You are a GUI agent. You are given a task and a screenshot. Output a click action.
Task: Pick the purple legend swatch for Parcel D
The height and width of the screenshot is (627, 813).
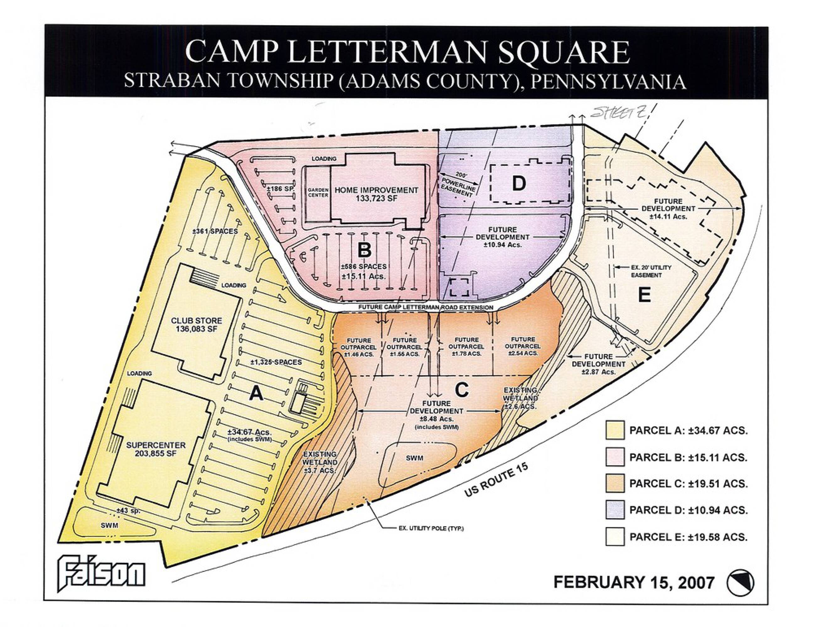615,510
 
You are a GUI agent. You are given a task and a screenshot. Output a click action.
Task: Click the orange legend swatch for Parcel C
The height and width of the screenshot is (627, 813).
615,483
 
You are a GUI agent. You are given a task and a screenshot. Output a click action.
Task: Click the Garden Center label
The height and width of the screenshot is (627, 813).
318,192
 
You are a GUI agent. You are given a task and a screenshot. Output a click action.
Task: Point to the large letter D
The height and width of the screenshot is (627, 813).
519,183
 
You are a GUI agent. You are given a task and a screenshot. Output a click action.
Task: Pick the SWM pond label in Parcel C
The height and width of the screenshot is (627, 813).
414,458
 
